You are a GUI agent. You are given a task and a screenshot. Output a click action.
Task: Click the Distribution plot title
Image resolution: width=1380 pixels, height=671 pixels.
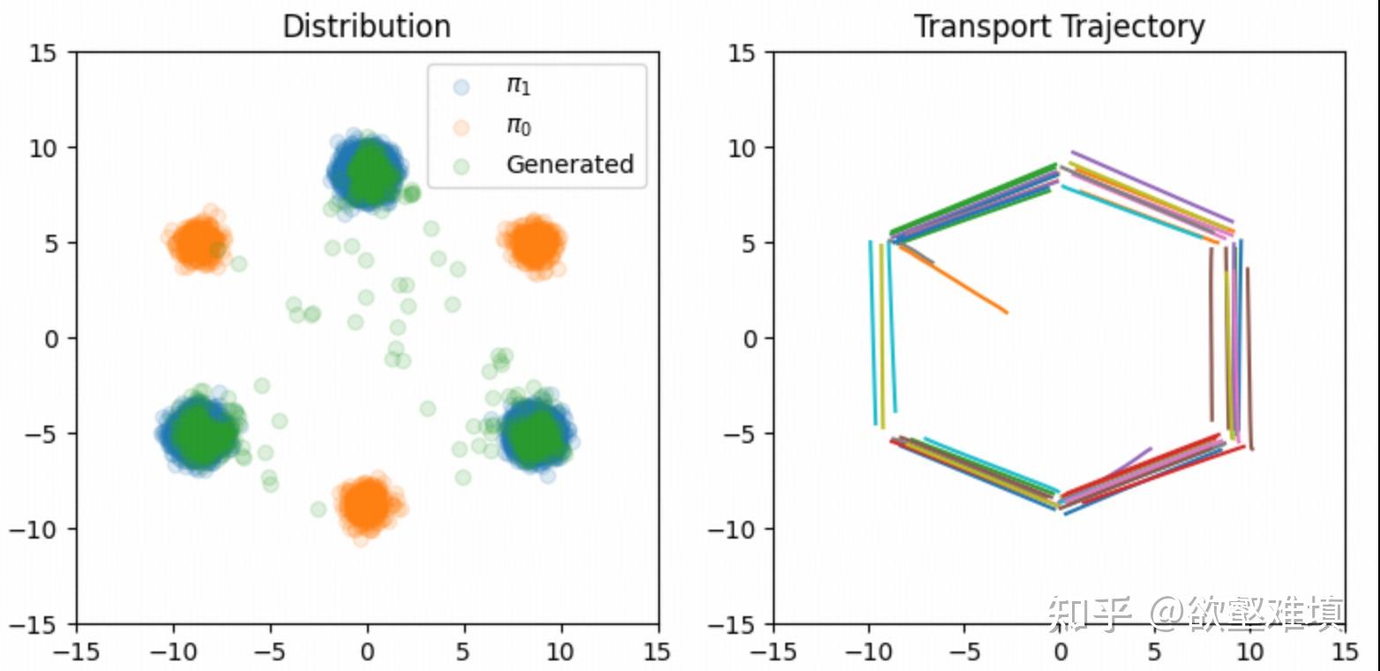point(366,26)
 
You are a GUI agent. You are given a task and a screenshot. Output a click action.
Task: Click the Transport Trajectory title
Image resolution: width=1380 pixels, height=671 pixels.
point(1059,26)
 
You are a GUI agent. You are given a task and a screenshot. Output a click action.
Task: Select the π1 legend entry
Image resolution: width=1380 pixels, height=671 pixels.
point(518,86)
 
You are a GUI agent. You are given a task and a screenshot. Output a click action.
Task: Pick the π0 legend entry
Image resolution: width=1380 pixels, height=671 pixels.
point(518,125)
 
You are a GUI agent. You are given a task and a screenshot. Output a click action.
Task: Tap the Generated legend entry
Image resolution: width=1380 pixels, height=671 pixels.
point(569,164)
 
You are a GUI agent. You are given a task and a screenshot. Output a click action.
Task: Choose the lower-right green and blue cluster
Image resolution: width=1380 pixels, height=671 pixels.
point(536,433)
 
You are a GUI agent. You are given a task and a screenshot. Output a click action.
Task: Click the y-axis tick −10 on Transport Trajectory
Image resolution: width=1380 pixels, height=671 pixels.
point(745,529)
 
